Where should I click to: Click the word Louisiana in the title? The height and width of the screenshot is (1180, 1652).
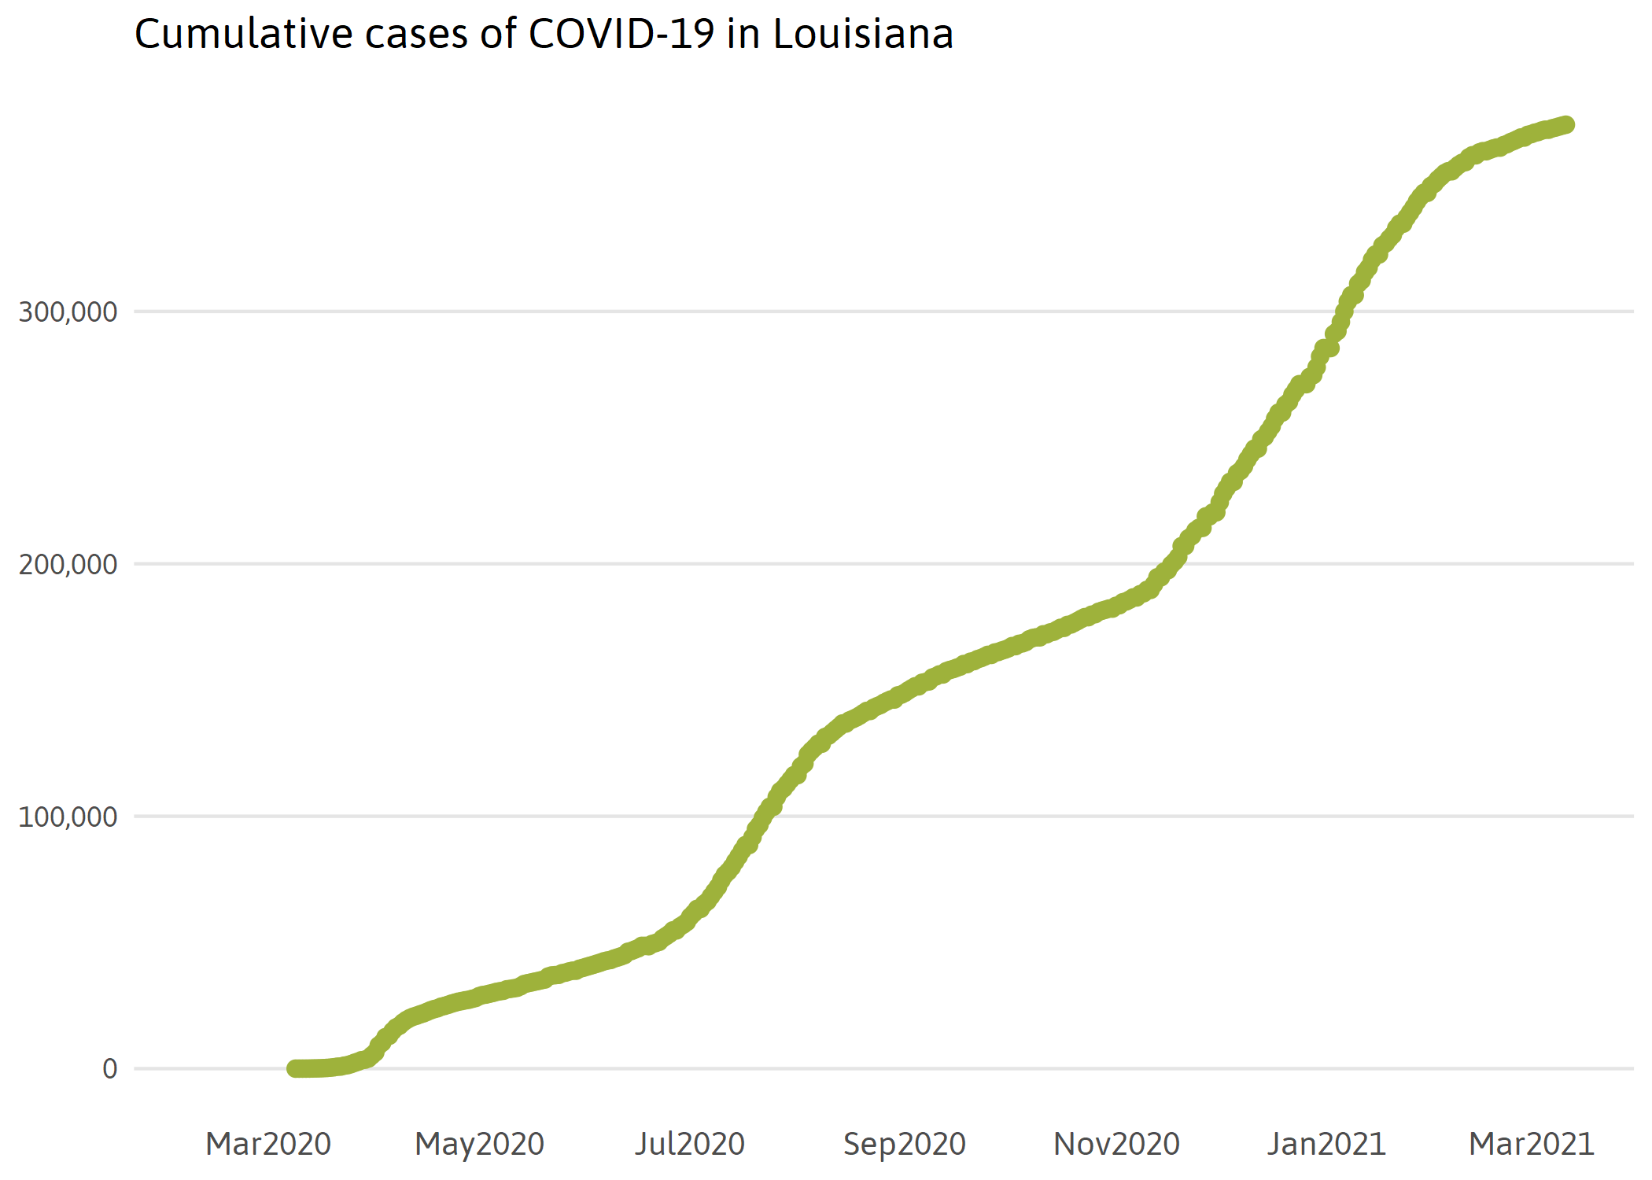(x=863, y=35)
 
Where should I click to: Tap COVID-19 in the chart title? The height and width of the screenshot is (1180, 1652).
(x=621, y=35)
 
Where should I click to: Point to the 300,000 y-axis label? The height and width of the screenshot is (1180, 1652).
(x=68, y=312)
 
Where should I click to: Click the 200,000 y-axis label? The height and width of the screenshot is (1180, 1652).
(x=68, y=564)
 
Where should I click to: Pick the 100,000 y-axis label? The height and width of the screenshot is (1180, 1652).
(x=68, y=817)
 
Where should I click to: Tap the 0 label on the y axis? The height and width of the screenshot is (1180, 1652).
(x=109, y=1068)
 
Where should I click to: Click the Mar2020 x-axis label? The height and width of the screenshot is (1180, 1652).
(x=268, y=1144)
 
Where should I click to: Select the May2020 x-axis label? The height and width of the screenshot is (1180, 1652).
(x=479, y=1144)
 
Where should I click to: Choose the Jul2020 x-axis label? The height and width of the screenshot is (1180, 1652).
(x=690, y=1144)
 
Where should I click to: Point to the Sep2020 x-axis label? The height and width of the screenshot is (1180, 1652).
(x=904, y=1144)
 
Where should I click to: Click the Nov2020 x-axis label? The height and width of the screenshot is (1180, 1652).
(x=1116, y=1144)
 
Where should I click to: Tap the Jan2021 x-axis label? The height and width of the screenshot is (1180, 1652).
(x=1326, y=1144)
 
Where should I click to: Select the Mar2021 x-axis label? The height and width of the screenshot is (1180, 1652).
(x=1531, y=1144)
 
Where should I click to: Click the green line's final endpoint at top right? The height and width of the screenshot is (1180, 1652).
(x=1566, y=124)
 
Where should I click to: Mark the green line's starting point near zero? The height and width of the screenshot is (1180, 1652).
(x=295, y=1068)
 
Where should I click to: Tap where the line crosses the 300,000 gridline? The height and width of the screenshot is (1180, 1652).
(x=1344, y=312)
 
